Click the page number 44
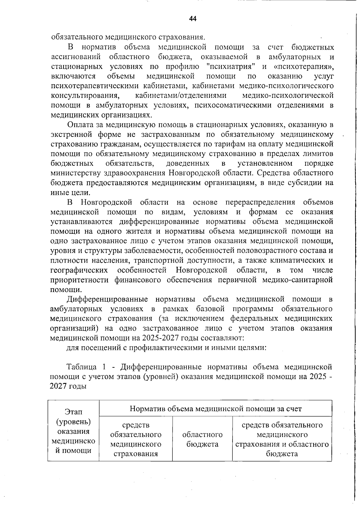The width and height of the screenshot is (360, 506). pos(193,19)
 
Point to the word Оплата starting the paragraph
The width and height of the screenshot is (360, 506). pos(79,125)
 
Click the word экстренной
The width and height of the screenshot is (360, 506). pos(71,134)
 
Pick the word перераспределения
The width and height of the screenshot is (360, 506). pos(260,202)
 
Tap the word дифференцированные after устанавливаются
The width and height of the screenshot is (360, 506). pos(159,222)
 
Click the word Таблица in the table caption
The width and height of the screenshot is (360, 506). pos(81,367)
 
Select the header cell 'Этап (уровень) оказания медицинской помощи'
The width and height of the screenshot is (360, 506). pos(73,431)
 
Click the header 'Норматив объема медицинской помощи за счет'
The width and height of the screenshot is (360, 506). pos(215,409)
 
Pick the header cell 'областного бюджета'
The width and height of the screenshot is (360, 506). pos(202,439)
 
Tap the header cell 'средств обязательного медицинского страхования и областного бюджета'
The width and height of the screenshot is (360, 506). pos(282,439)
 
